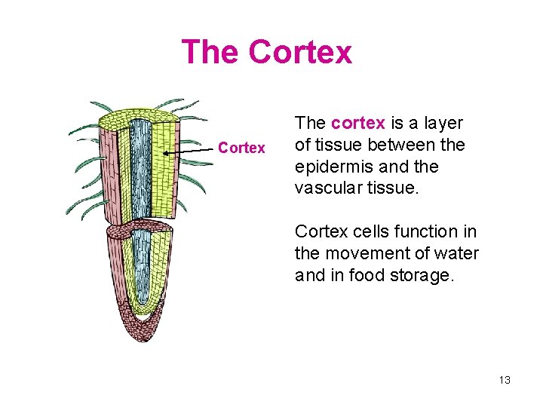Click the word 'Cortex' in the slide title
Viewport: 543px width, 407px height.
coord(299,52)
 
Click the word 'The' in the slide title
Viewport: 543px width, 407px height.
coord(210,52)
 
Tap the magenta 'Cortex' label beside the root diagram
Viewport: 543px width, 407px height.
coord(241,148)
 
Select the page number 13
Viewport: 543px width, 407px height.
coord(505,380)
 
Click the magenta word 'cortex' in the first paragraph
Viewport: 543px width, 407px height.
coord(358,123)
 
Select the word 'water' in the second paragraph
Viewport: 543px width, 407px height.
coord(459,253)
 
